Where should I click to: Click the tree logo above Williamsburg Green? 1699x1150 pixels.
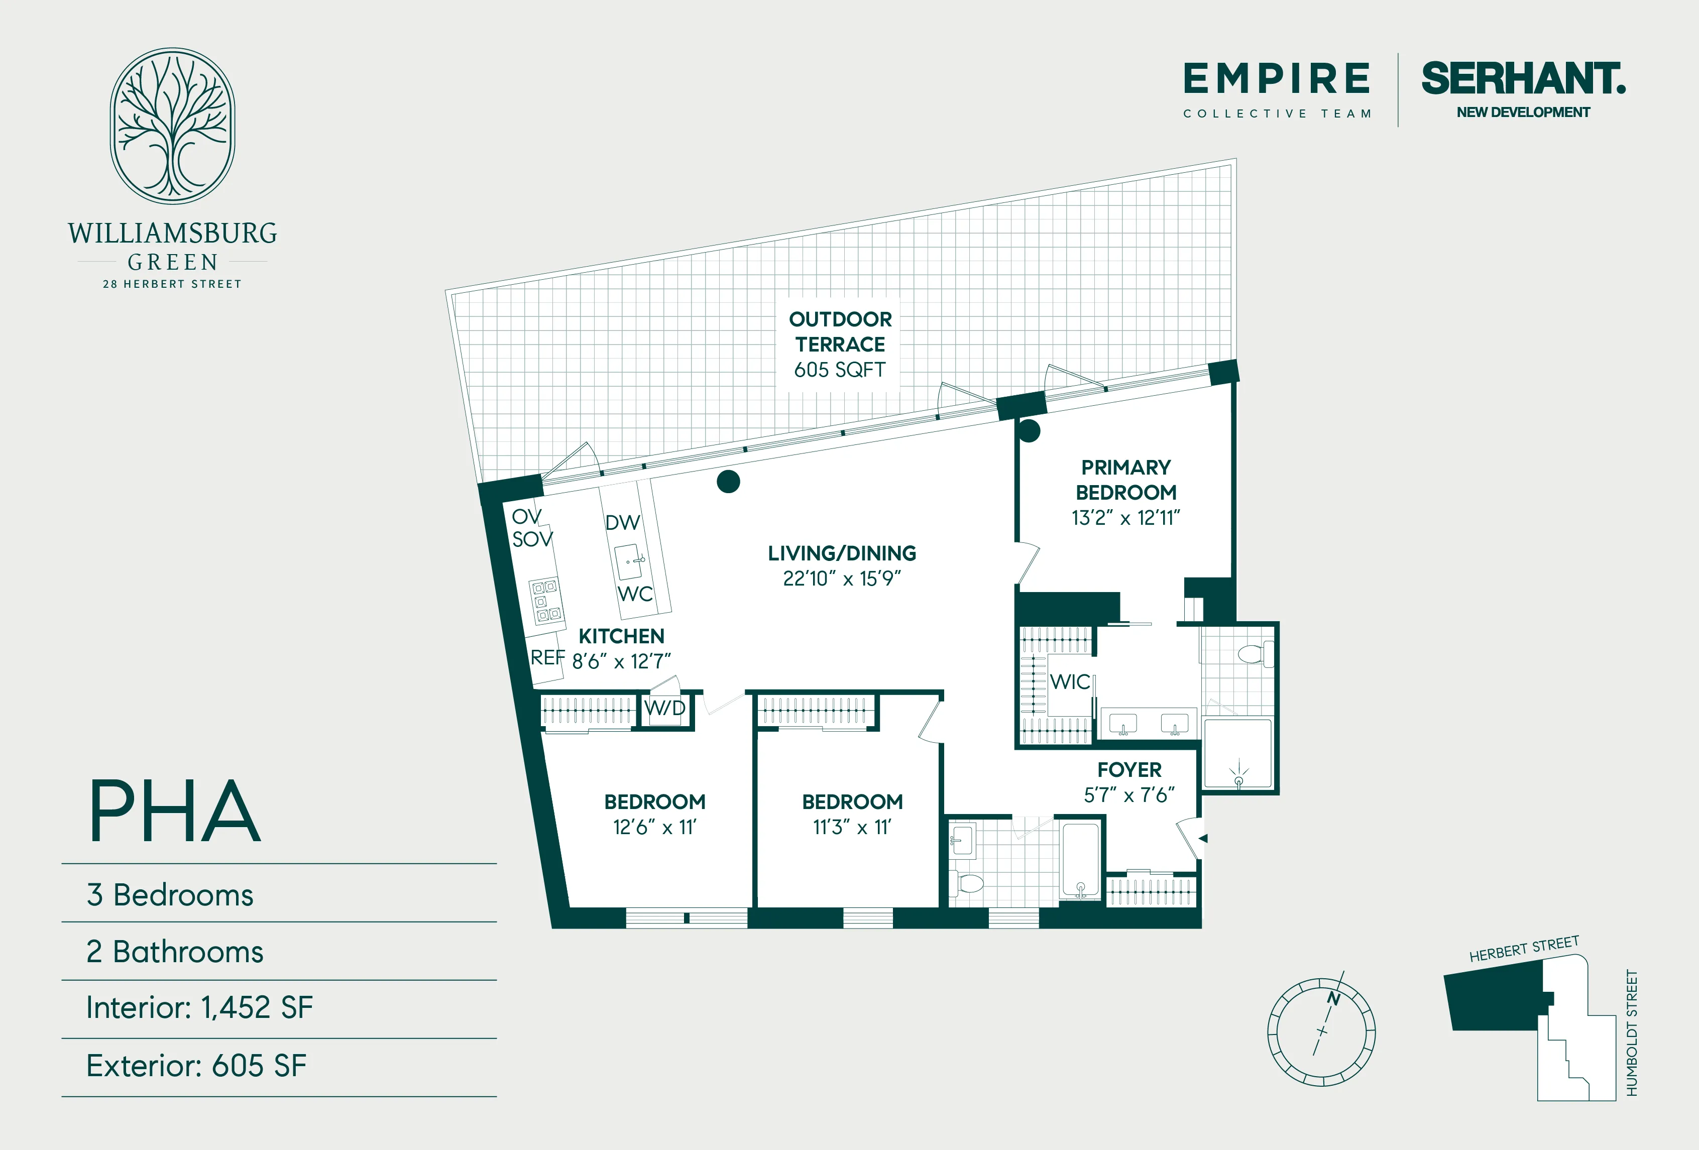point(173,126)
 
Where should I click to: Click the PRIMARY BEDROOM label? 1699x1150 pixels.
point(1126,480)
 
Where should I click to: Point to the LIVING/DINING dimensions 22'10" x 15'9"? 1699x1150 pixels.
point(841,579)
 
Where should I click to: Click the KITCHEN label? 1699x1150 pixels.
point(621,636)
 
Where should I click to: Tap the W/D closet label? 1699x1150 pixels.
point(664,708)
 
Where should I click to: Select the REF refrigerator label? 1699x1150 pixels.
point(547,658)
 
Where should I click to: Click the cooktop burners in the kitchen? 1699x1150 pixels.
point(546,600)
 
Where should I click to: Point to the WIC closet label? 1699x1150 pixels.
point(1070,682)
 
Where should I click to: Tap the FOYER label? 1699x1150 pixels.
point(1129,770)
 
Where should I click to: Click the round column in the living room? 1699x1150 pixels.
point(728,481)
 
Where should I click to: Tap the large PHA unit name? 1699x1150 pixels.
point(175,811)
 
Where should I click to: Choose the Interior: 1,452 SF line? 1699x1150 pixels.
point(199,1007)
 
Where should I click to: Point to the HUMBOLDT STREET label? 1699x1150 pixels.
point(1632,1032)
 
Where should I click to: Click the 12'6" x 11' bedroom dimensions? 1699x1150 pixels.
point(654,828)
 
